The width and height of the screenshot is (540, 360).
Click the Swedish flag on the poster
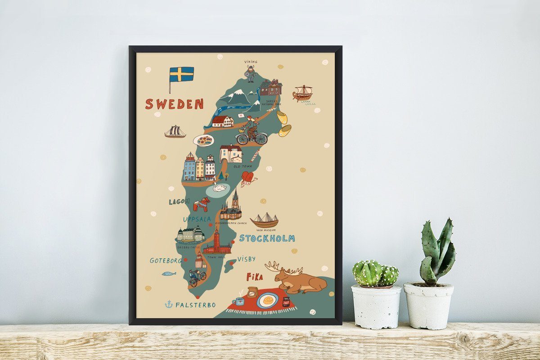coord(181,74)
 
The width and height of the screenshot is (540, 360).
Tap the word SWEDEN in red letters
coord(174,104)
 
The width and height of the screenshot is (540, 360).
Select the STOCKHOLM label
coord(267,238)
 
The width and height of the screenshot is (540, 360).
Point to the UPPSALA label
coord(197,219)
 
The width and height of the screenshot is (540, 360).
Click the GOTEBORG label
coord(166,261)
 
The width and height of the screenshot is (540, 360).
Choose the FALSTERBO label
coord(195,305)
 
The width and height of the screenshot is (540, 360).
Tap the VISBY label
coord(246,259)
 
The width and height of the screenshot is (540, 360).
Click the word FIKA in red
coord(255,277)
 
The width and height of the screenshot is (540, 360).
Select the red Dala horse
coord(202,204)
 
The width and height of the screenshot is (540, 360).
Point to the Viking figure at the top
coord(250,73)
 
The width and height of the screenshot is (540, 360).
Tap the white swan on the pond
coord(219,187)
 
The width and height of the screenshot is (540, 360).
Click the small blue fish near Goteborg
coord(169,273)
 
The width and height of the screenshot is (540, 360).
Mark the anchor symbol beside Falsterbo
coord(169,305)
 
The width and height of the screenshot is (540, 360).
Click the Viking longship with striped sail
coord(302,93)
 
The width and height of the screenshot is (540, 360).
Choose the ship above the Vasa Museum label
coord(265,220)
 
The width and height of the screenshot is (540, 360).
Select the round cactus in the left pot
coord(375,273)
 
